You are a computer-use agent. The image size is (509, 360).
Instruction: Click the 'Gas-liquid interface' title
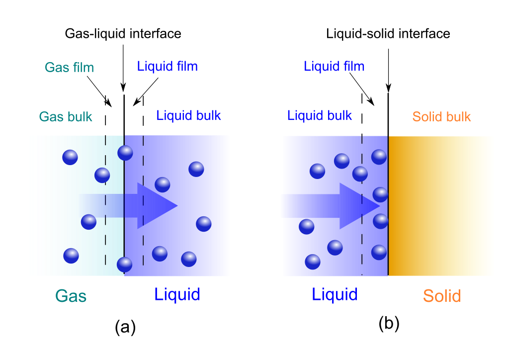coord(123,33)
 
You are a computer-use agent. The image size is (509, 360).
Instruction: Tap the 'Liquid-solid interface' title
coord(388,33)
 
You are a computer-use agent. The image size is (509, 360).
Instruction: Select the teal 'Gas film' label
coord(69,68)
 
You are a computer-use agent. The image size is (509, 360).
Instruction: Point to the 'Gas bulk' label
coord(66,116)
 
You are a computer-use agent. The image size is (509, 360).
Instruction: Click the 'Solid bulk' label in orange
coord(441,116)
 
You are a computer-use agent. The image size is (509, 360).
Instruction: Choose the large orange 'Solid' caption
coord(442,296)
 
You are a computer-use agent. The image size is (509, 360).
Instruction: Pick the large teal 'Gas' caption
coord(71,296)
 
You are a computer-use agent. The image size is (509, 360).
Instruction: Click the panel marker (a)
coord(125,327)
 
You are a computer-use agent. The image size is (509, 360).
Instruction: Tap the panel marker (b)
coord(389,323)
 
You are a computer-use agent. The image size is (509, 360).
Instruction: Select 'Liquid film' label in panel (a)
coord(167,66)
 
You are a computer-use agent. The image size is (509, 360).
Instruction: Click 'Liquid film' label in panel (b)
coord(334,66)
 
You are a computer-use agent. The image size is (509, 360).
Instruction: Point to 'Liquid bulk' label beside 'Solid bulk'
coord(320,115)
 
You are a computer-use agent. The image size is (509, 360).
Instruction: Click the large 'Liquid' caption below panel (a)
coord(177,294)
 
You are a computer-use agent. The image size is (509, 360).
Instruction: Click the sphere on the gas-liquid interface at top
coord(125,153)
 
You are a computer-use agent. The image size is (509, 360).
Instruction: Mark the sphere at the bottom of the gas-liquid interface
coord(125,265)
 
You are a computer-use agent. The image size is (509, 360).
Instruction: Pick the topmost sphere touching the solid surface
coord(379,157)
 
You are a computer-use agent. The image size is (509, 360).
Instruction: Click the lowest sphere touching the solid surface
coord(379,253)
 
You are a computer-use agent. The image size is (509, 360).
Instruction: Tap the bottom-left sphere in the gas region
coord(71,256)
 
